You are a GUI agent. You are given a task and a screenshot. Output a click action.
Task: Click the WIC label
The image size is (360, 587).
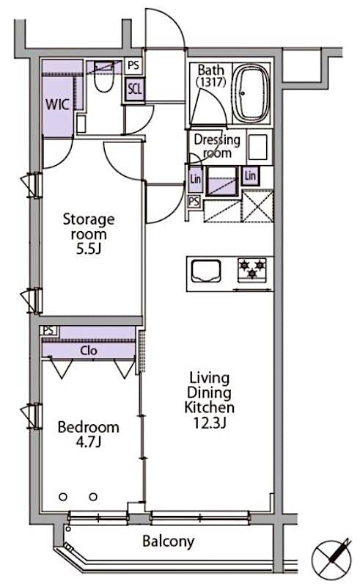[x=58, y=103]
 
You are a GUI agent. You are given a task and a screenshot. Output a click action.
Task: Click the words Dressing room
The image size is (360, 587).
[x=217, y=146]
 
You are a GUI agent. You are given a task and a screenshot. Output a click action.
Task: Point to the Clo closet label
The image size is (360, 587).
[x=89, y=350]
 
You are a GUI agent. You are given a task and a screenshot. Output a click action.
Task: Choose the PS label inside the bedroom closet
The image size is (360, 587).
[x=48, y=332]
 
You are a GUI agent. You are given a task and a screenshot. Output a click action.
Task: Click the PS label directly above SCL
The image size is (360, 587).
[x=133, y=65]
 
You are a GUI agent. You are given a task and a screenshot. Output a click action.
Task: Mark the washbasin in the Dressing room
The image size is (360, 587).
[x=257, y=147]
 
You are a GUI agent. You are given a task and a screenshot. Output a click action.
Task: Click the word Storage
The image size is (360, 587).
[x=89, y=219]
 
